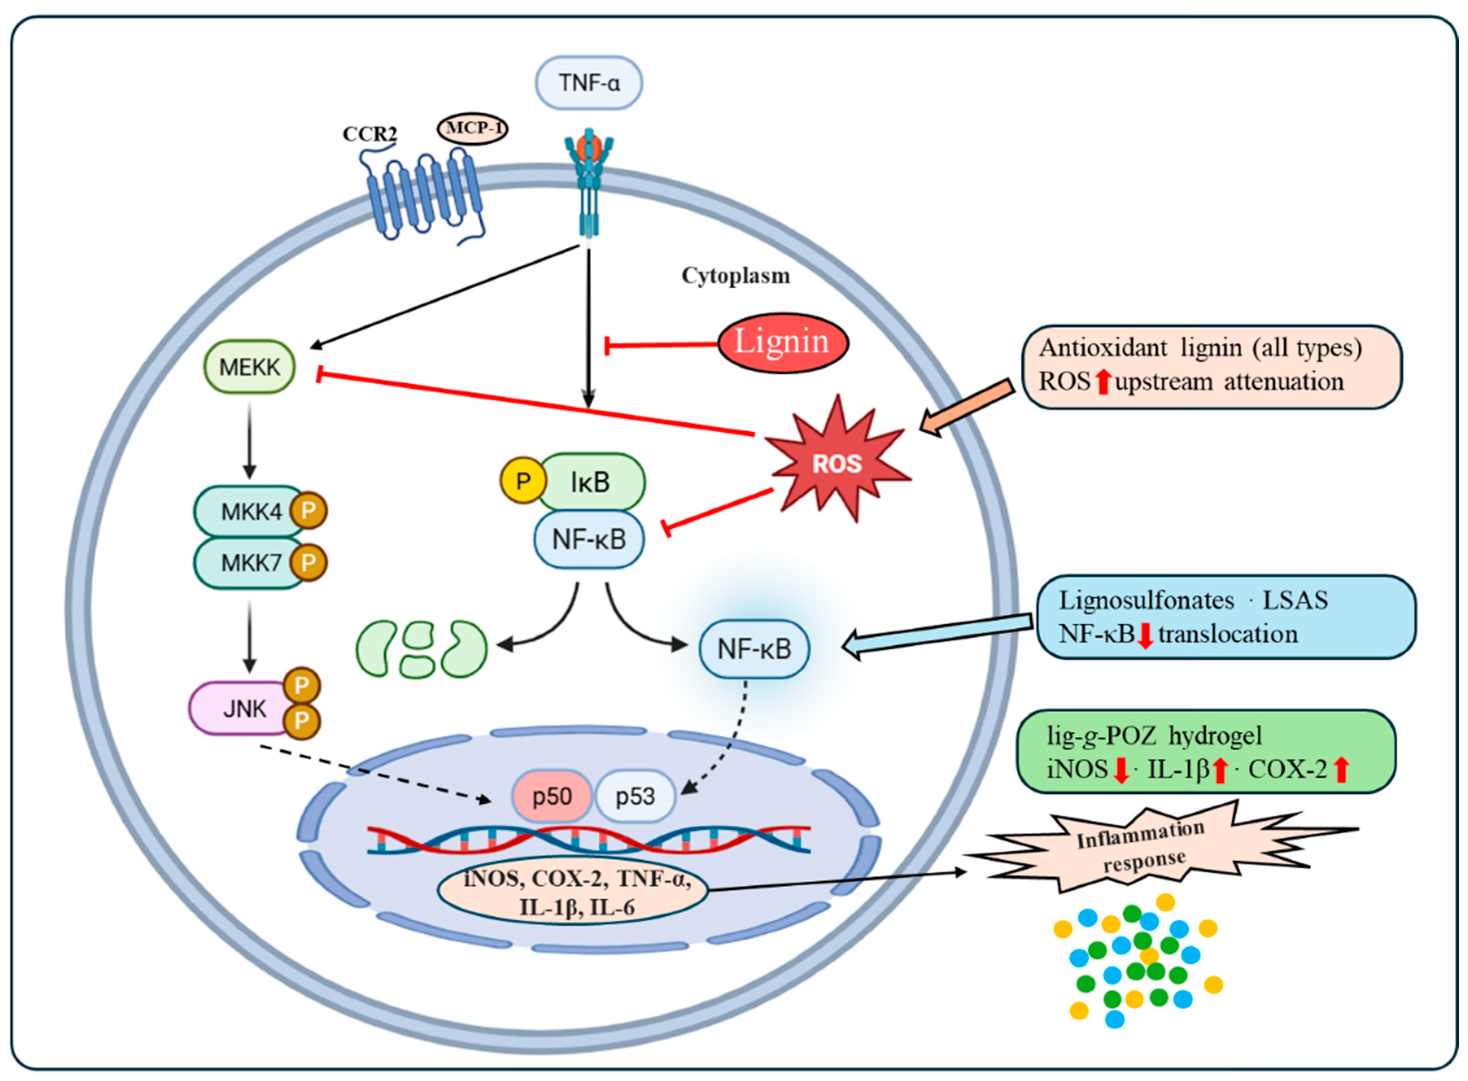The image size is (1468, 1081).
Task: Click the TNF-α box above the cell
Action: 589,82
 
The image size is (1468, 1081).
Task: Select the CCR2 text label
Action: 370,134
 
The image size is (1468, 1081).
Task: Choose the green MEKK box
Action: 249,367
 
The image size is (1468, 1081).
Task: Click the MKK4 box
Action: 250,511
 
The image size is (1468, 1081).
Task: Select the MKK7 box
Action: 250,563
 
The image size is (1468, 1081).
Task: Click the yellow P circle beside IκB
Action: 523,481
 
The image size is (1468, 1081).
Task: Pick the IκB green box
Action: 590,482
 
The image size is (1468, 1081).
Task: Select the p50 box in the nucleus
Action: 552,796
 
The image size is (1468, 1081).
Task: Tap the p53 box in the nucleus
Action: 635,796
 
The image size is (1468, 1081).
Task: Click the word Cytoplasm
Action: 736,275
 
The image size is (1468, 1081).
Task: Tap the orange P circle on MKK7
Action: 308,562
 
